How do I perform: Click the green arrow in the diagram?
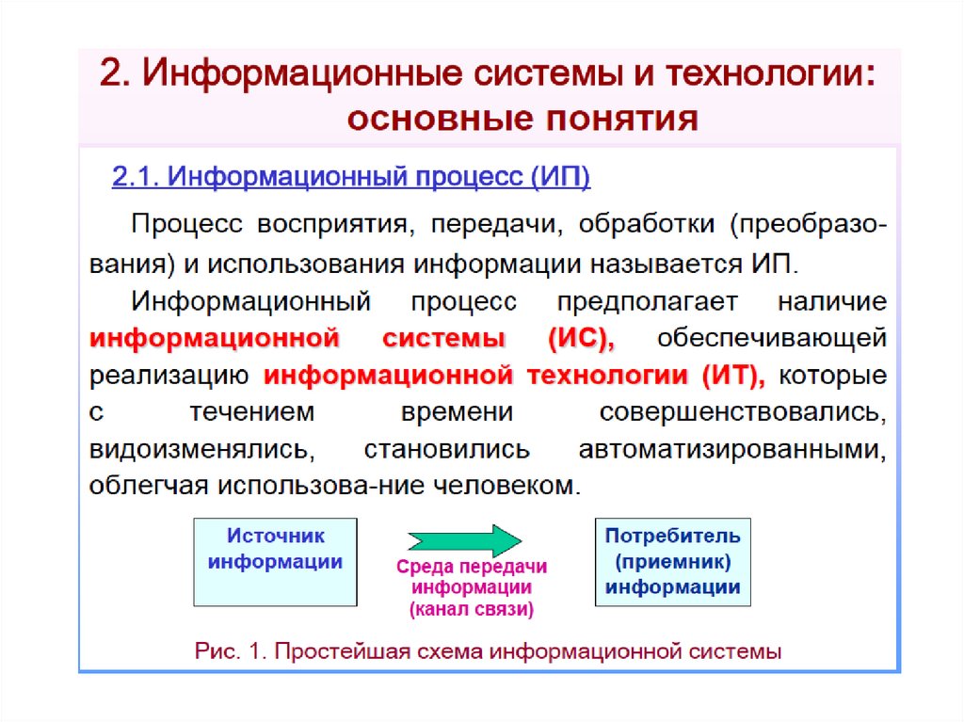[463, 541]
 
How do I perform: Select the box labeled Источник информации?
[275, 562]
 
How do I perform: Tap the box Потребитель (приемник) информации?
[672, 562]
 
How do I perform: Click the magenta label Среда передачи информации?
[472, 577]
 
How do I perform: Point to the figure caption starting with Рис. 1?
[488, 650]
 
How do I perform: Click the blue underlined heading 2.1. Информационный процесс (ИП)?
[351, 177]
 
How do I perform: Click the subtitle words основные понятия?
[523, 120]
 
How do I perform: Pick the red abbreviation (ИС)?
[581, 338]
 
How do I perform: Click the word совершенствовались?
[743, 412]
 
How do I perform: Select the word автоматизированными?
[733, 449]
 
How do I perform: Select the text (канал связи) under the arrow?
[471, 609]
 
